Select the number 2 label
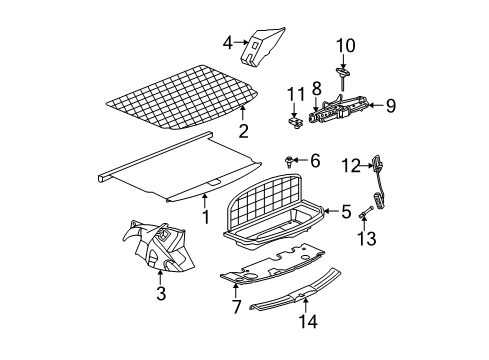[242, 132]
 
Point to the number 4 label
[228, 43]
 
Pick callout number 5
[345, 211]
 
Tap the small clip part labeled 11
[296, 123]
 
